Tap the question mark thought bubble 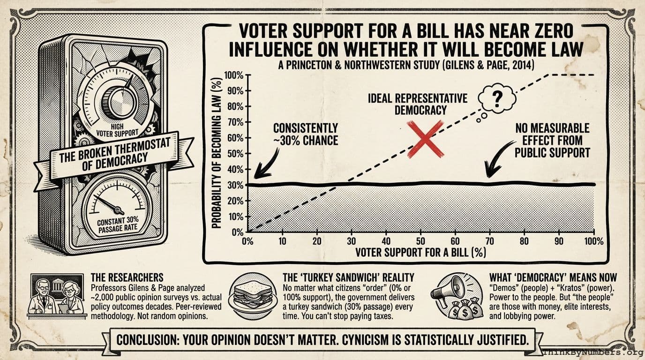[x=497, y=99]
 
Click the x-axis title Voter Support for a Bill [x=420, y=252]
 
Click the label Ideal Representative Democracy [x=417, y=104]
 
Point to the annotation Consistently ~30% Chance [x=305, y=134]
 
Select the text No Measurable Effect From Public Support [x=552, y=140]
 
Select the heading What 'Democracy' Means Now [x=553, y=277]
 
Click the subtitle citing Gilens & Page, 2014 [x=405, y=65]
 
